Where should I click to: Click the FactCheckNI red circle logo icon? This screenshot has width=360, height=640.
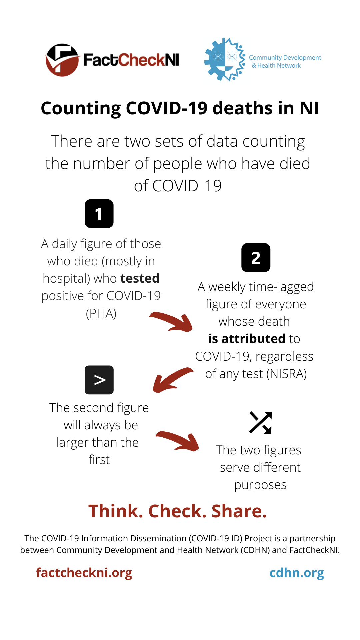point(62,60)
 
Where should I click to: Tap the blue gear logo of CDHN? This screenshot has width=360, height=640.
point(224,60)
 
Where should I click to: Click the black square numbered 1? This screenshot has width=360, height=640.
point(99,214)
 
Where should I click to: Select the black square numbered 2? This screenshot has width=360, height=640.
point(256,258)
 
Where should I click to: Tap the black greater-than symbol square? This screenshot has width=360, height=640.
point(99,380)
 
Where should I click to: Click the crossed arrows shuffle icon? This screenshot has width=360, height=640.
point(260,423)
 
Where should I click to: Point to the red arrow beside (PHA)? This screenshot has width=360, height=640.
point(172,322)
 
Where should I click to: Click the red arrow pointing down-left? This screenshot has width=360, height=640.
point(172,380)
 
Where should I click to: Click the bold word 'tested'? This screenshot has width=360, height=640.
point(140,278)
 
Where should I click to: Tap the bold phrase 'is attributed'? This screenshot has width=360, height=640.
point(247,339)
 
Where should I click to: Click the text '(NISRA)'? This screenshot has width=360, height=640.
point(287,374)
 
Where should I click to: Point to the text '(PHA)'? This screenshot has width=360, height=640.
point(101,313)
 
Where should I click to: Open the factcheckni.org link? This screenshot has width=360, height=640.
point(84,573)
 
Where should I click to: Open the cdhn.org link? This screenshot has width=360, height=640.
point(296,573)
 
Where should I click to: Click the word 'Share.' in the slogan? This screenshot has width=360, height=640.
point(239,511)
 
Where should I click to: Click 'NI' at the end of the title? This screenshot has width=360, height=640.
point(309,108)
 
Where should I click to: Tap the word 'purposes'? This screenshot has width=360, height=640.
point(260,485)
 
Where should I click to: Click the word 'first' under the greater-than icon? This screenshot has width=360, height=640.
point(99,460)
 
